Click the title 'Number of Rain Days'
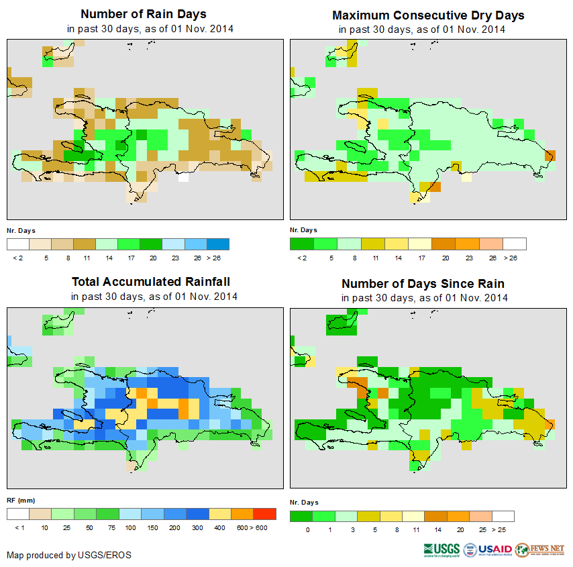(x=143, y=14)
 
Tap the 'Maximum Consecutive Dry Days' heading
(x=428, y=15)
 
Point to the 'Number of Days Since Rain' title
(x=423, y=283)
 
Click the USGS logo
(x=441, y=550)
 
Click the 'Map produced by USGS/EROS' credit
(x=69, y=555)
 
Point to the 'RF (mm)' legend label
(x=17, y=500)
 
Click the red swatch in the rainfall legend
(x=264, y=514)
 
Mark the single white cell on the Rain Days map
(x=183, y=179)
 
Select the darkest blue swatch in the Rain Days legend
(x=218, y=244)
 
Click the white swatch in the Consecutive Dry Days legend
(x=515, y=244)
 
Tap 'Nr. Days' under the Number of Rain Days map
(x=21, y=230)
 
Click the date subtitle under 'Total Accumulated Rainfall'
(x=154, y=296)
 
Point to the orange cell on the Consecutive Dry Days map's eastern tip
(x=550, y=156)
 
